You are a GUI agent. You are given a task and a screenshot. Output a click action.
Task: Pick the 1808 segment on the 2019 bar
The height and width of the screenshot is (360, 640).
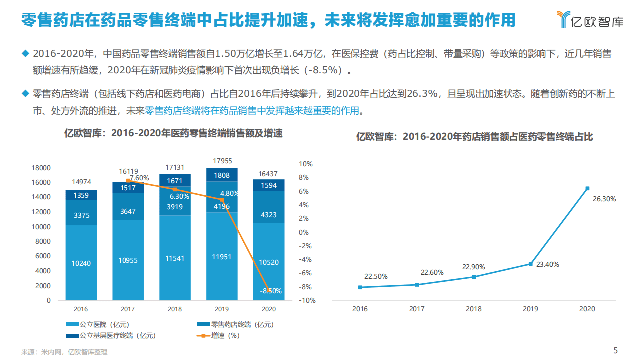(222, 176)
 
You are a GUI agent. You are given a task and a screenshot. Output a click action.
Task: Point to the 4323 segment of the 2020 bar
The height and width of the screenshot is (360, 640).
(268, 215)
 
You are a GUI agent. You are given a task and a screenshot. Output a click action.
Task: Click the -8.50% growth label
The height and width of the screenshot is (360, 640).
(271, 291)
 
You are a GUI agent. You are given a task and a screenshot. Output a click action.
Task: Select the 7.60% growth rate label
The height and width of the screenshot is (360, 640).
(139, 178)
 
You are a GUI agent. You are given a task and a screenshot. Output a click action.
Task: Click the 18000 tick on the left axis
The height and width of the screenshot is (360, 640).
(41, 168)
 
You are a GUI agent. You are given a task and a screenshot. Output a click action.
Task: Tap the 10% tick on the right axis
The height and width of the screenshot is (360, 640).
(305, 164)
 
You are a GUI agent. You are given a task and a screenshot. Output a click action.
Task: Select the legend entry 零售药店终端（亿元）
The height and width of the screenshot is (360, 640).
(235, 325)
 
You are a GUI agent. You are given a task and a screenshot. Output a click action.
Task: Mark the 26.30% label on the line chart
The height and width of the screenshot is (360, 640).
(604, 199)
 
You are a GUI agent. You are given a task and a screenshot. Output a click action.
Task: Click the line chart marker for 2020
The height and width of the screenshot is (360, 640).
(587, 188)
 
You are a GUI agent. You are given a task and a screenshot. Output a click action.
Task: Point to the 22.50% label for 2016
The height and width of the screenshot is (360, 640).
(376, 276)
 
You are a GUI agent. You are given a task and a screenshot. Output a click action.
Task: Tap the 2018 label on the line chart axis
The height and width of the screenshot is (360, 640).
(473, 309)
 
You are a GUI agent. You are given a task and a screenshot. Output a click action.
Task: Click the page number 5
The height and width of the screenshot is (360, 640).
(615, 350)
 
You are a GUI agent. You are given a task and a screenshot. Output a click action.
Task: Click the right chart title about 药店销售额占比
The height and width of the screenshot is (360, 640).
(474, 136)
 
